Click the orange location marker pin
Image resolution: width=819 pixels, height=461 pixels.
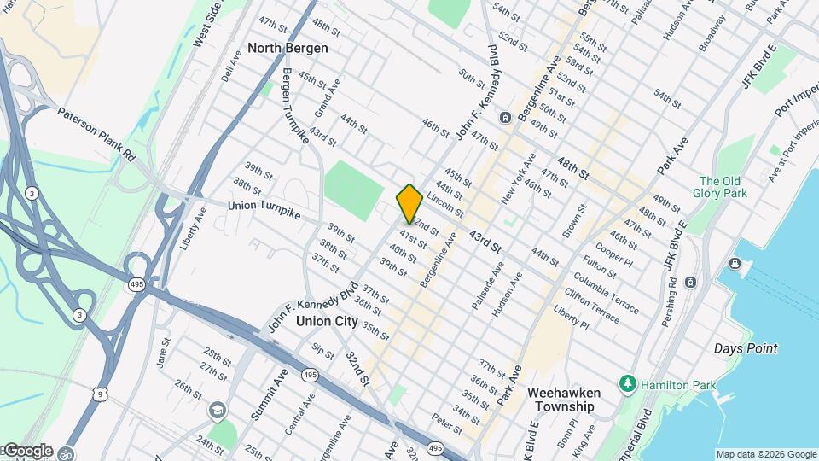[x=409, y=203]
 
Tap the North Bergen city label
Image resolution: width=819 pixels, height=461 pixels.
[x=288, y=48]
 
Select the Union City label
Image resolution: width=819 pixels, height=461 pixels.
[x=328, y=321]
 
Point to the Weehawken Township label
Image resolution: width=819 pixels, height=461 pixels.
[x=564, y=400]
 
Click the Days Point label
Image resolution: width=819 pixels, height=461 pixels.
[x=746, y=348]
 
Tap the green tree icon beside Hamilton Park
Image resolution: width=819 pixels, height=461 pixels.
[x=629, y=385]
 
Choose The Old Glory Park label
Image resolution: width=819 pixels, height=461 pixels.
[x=723, y=187]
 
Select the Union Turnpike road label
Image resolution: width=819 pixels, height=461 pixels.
[x=264, y=208]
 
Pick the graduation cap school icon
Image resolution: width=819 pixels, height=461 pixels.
[x=218, y=411]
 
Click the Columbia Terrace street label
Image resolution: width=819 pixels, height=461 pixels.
[x=606, y=293]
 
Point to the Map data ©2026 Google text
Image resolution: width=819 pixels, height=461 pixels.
[x=766, y=454]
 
